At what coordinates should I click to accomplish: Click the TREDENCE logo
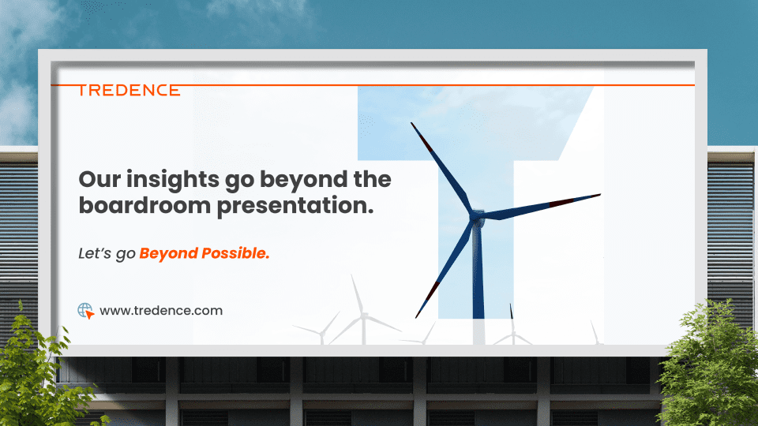point(129,90)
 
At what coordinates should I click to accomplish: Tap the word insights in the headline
point(173,181)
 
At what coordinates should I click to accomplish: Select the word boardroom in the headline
point(144,205)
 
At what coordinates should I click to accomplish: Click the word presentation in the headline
point(295,206)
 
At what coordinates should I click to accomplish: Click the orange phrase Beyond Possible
point(205,253)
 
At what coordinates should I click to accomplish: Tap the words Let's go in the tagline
point(107,253)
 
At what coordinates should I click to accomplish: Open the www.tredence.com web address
point(161,311)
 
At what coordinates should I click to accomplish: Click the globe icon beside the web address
point(85,311)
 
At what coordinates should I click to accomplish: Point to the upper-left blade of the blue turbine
point(441,167)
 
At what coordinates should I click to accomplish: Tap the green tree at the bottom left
point(39,372)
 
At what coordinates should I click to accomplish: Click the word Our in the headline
point(99,179)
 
